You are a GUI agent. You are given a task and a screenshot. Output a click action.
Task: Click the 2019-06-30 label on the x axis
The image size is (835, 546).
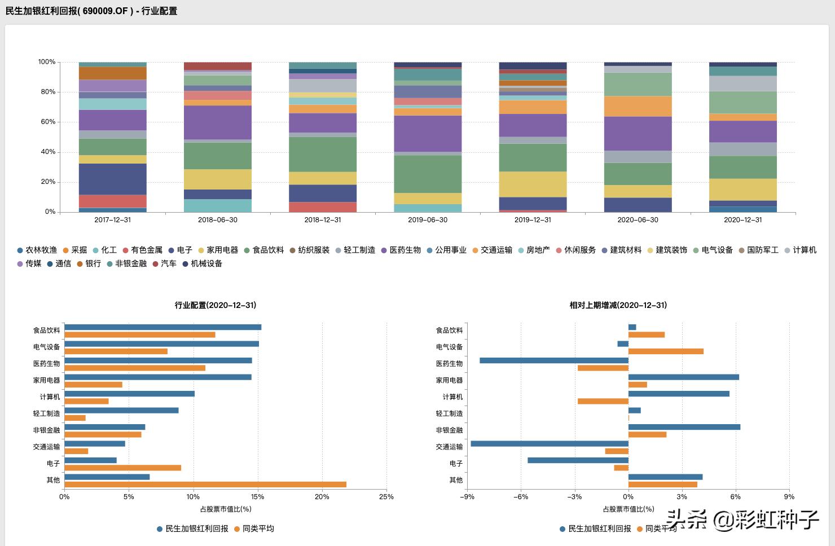tap(428, 220)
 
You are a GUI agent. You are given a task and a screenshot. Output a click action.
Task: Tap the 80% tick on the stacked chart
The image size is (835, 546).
tap(47, 92)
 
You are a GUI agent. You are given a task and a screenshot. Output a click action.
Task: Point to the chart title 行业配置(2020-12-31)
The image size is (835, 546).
tap(216, 305)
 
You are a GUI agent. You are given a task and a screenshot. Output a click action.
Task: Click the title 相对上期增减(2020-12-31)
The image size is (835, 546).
tap(618, 305)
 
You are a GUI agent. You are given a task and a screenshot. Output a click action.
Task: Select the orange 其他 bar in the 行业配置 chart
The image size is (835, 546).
tap(205, 485)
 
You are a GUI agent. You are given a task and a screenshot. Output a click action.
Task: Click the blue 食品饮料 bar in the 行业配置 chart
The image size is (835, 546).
tap(163, 327)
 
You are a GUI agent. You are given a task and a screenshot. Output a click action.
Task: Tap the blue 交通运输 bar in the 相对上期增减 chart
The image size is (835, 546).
tap(550, 444)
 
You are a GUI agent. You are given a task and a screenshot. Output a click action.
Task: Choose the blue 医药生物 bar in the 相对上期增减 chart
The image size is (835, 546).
tap(554, 360)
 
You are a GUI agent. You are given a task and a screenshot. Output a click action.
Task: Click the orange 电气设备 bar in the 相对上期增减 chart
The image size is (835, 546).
tap(666, 351)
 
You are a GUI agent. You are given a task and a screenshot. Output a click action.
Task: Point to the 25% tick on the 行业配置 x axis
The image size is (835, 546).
tap(386, 497)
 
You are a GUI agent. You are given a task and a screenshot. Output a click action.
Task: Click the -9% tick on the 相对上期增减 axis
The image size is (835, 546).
tap(467, 497)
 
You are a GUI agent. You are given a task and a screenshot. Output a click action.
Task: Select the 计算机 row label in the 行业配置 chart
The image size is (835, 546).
tap(50, 397)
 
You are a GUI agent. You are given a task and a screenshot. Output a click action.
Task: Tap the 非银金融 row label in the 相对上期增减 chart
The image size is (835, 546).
tap(449, 430)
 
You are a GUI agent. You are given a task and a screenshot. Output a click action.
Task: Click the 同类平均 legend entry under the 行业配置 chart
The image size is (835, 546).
tap(258, 529)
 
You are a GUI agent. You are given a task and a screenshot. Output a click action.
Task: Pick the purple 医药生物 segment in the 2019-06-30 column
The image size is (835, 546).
tap(428, 134)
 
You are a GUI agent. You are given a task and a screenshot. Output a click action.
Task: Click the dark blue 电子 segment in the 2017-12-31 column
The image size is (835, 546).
tap(112, 179)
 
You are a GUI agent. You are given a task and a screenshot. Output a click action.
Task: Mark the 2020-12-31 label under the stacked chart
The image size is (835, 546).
tap(743, 220)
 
